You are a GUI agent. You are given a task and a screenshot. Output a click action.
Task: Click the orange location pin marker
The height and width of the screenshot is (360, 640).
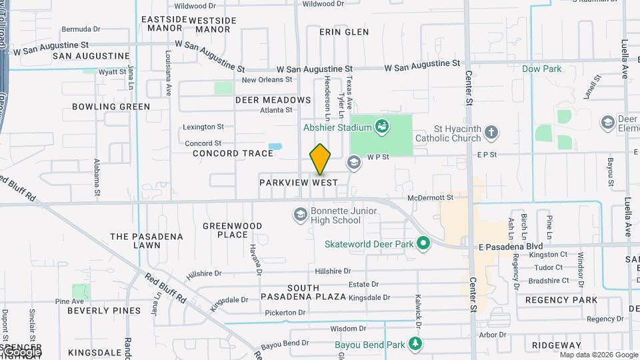coord(320,159)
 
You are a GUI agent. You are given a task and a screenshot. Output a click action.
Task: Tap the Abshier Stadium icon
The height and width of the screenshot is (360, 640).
coord(382,125)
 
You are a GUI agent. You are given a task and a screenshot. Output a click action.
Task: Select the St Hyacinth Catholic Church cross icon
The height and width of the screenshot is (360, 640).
coord(491,131)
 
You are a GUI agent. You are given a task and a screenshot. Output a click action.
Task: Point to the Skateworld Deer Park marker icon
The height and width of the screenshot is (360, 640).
coord(423,243)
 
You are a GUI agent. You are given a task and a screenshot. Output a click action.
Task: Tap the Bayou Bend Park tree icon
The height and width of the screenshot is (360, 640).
coord(416,344)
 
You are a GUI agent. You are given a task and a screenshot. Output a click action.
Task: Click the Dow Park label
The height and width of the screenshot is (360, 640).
coord(541,69)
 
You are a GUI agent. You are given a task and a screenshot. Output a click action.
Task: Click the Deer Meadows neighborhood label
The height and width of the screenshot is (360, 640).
coord(273,100)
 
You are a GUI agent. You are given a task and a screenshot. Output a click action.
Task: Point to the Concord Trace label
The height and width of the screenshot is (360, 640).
coord(233,153)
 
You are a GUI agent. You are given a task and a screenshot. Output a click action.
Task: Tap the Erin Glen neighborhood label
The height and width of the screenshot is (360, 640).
coord(344,32)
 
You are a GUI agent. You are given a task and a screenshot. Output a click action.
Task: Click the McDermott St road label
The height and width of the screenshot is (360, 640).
coord(430,197)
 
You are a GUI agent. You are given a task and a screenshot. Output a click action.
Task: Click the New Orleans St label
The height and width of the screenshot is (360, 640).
coord(267,80)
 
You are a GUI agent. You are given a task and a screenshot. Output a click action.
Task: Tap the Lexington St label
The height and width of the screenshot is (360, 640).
coord(203,127)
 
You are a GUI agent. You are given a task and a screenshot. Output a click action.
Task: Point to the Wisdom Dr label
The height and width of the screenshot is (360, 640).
coord(344,329)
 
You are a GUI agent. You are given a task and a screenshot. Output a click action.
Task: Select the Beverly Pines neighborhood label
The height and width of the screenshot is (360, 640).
coord(104,311)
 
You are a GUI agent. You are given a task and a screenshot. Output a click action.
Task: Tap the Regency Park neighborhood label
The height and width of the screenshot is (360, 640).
coord(561,300)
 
